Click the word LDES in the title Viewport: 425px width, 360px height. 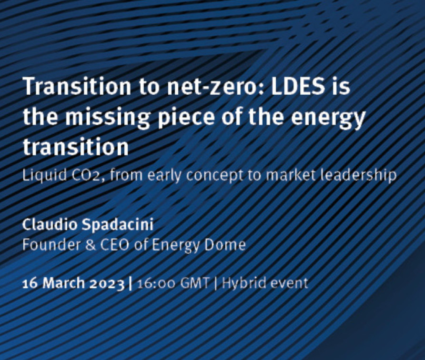pyautogui.click(x=298, y=86)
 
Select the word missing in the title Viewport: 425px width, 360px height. pyautogui.click(x=108, y=118)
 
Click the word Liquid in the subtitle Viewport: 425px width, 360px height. pyautogui.click(x=45, y=175)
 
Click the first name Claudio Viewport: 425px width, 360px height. pyautogui.click(x=50, y=224)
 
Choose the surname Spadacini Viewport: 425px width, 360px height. pyautogui.click(x=117, y=225)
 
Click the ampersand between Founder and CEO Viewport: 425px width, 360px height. pyautogui.click(x=91, y=245)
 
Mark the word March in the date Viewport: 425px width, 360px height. pyautogui.click(x=64, y=283)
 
